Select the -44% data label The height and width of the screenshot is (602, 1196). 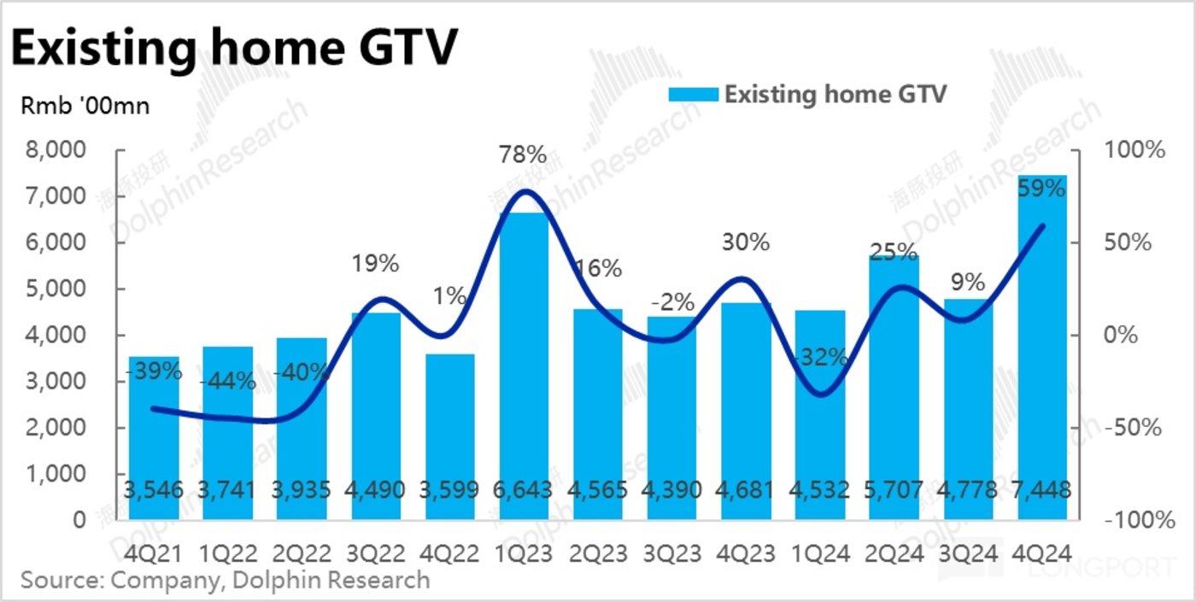pyautogui.click(x=228, y=382)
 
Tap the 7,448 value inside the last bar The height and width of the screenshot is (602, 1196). pyautogui.click(x=1042, y=490)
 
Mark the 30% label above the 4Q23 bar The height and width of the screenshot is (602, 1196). pyautogui.click(x=746, y=243)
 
